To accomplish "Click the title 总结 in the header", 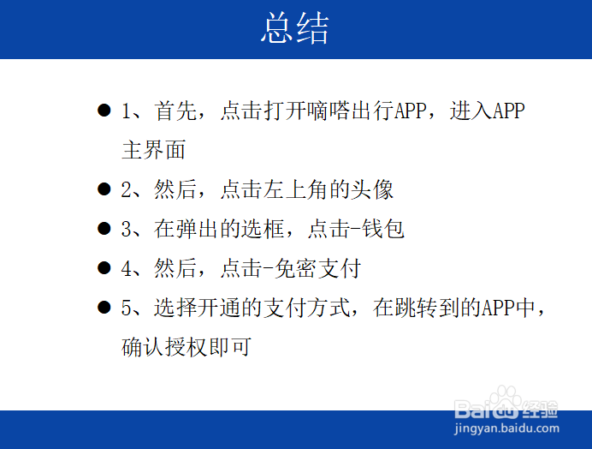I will tap(295, 30).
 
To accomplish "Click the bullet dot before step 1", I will tap(104, 111).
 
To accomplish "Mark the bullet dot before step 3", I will tap(104, 229).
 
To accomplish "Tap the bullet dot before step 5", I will tap(104, 308).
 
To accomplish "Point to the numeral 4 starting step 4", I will tap(127, 268).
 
